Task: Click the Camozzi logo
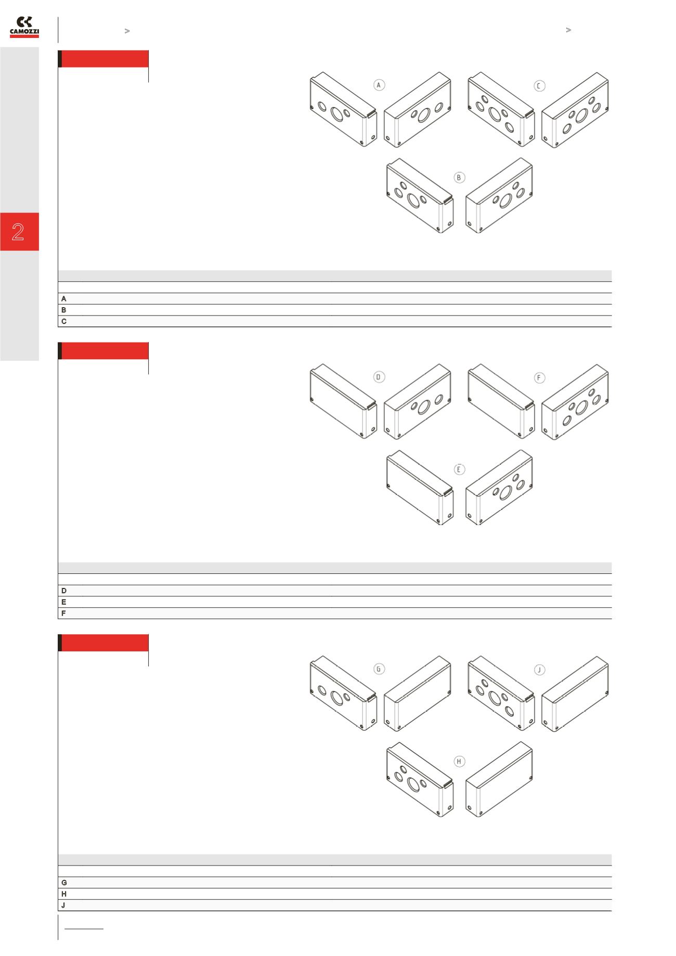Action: coord(24,27)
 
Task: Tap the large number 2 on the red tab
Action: coord(18,232)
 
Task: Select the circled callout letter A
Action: coord(380,85)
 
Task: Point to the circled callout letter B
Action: coord(459,178)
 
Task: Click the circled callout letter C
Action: coord(540,86)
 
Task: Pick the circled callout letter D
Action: coord(380,377)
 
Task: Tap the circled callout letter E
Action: coord(459,469)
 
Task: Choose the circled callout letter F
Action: coord(540,378)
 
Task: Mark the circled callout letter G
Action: coord(380,669)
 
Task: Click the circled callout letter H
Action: coord(459,762)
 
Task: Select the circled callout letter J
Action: coord(540,670)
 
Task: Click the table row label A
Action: coord(64,299)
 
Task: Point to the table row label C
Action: coord(64,321)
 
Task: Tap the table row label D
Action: coord(64,591)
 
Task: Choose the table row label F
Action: coord(64,613)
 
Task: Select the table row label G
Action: coord(64,883)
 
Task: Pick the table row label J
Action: coord(64,905)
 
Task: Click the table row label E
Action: coord(64,602)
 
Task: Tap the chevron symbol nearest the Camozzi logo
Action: coord(127,31)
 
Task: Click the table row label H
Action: coord(64,894)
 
